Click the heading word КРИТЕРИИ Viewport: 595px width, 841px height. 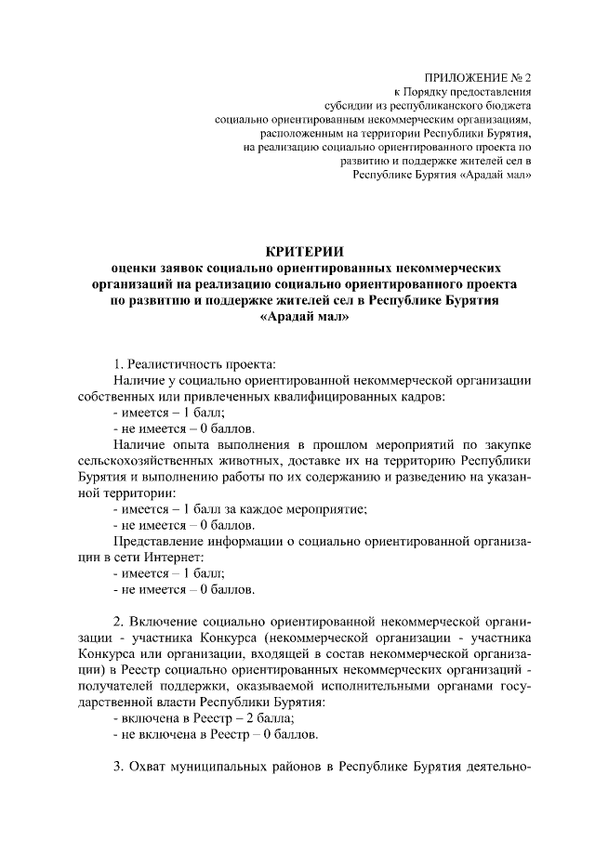304,251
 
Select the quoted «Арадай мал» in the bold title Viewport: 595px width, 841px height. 304,317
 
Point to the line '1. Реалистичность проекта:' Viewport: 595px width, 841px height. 194,362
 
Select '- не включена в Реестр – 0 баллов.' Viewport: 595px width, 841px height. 215,735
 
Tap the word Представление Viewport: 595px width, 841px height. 158,541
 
